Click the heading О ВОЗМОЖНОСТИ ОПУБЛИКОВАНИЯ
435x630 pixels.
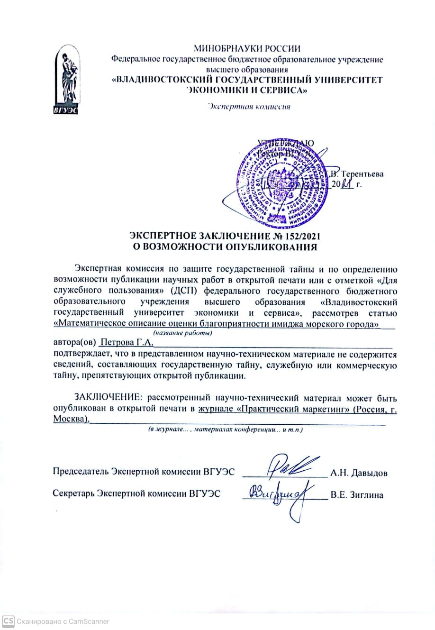[224, 247]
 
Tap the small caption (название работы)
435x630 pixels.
[182, 333]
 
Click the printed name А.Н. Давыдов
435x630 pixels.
[359, 473]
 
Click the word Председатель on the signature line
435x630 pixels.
[81, 473]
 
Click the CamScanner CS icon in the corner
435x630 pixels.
[8, 621]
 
